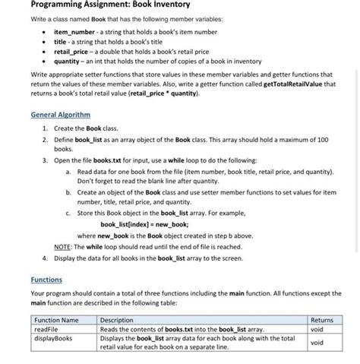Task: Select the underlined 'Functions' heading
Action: (46, 279)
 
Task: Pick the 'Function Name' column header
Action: (56, 321)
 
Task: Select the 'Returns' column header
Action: (321, 321)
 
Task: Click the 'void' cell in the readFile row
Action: (317, 329)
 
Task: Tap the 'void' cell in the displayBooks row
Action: (317, 342)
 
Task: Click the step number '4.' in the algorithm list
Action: (46, 258)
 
